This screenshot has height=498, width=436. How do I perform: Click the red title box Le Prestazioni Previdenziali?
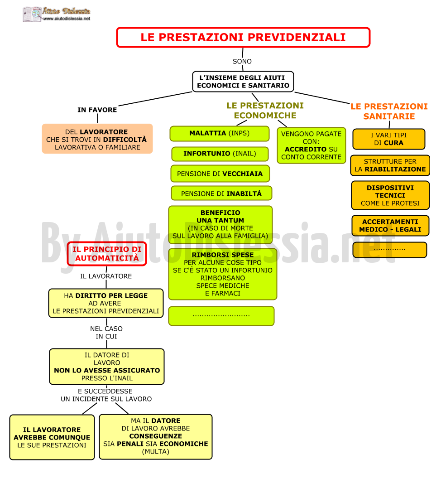pyautogui.click(x=243, y=38)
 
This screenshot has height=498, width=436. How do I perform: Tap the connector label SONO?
pyautogui.click(x=242, y=61)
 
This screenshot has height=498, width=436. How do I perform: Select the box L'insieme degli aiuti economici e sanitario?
pyautogui.click(x=243, y=82)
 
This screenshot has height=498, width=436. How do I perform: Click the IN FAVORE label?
pyautogui.click(x=97, y=110)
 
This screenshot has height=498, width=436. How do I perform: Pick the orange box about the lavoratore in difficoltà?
pyautogui.click(x=97, y=139)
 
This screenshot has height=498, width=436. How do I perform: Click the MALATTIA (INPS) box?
pyautogui.click(x=220, y=133)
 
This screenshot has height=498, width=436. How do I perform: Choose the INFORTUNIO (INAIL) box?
pyautogui.click(x=220, y=154)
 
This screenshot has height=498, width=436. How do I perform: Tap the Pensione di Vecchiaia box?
pyautogui.click(x=220, y=174)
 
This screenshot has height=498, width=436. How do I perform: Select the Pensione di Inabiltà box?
pyautogui.click(x=221, y=193)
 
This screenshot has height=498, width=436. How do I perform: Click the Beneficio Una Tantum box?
pyautogui.click(x=220, y=225)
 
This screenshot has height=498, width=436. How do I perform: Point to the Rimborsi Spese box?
pyautogui.click(x=223, y=274)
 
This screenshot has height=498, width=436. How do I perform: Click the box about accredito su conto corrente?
pyautogui.click(x=311, y=145)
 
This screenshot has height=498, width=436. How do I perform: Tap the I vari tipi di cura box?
pyautogui.click(x=389, y=139)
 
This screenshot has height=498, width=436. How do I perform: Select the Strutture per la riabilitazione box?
pyautogui.click(x=390, y=165)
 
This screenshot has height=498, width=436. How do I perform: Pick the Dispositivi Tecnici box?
pyautogui.click(x=390, y=195)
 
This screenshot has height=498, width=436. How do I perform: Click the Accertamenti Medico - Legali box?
pyautogui.click(x=390, y=226)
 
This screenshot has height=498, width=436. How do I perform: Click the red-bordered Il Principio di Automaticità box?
pyautogui.click(x=107, y=254)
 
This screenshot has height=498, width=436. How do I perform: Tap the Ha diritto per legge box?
pyautogui.click(x=106, y=303)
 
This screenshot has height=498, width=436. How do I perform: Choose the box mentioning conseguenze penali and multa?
pyautogui.click(x=156, y=437)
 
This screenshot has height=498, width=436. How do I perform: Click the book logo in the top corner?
pyautogui.click(x=32, y=15)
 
